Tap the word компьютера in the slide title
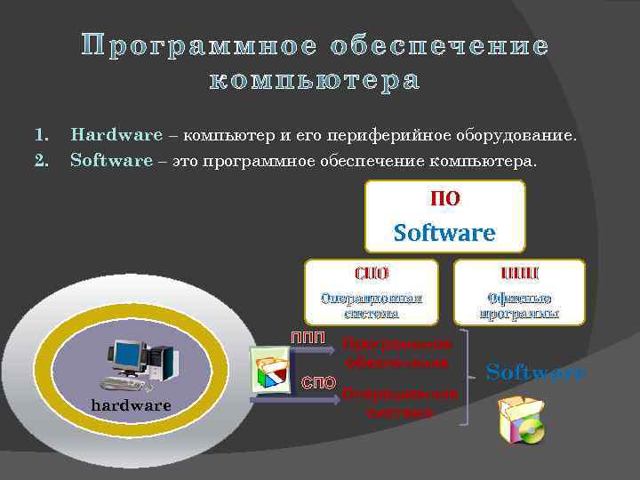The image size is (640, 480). point(313,82)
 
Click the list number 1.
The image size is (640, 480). point(40,136)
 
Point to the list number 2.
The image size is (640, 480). point(40,162)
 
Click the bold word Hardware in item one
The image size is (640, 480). point(116,136)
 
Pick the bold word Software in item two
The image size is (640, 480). point(111,162)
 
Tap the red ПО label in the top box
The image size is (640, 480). point(444,199)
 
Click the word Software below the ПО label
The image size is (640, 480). point(444,233)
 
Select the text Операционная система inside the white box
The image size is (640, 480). point(372,305)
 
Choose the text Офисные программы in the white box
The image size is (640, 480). point(519,305)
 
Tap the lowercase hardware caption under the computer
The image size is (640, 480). point(132,405)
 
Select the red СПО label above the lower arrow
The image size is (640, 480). point(318,383)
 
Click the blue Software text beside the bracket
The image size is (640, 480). point(536,372)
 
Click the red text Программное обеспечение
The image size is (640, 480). point(399,353)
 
